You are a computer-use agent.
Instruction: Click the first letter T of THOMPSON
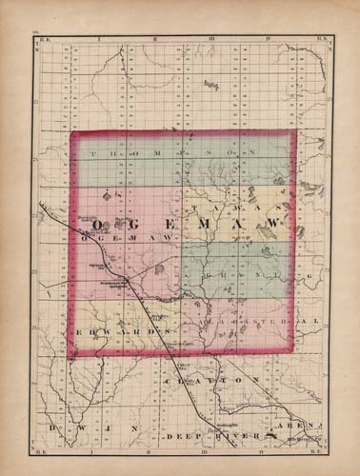tap(90, 151)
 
